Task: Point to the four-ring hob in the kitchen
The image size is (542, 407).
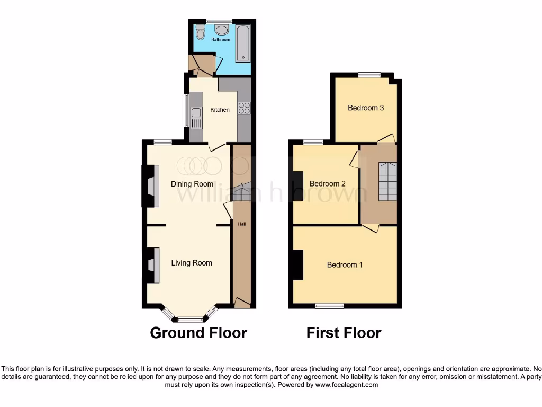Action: point(244,108)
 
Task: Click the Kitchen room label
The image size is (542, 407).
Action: point(220,110)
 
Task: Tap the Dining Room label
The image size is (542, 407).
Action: point(192,184)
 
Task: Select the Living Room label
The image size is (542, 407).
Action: point(192,263)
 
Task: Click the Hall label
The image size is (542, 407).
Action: point(241,224)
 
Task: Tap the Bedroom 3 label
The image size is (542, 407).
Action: point(366,108)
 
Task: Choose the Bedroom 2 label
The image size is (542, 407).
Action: point(328,184)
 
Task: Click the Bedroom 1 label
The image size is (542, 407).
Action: point(345,265)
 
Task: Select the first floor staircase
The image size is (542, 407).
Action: point(387,181)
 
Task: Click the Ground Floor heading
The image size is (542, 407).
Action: point(198,333)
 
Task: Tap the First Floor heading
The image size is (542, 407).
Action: point(344,333)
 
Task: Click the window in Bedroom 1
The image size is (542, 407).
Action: point(329,306)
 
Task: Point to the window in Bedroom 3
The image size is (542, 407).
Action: point(369,75)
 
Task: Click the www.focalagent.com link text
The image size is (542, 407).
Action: point(347,385)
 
